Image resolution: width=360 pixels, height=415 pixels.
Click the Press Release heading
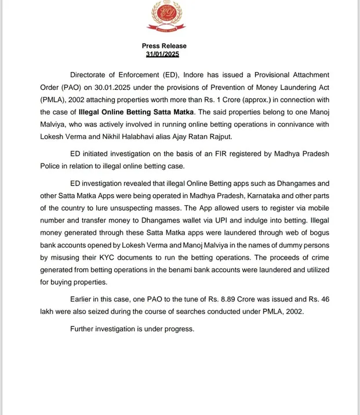(x=164, y=46)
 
